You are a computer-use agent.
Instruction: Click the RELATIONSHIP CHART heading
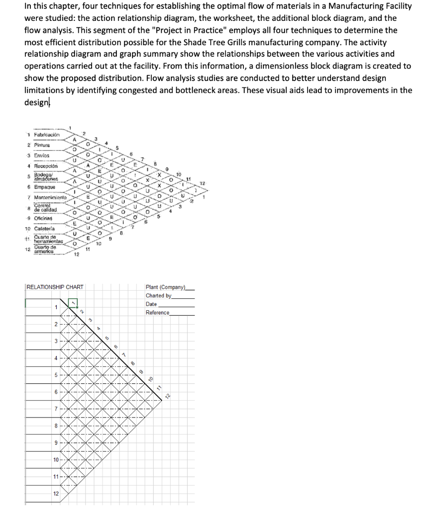point(55,287)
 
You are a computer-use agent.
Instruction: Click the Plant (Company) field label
point(165,287)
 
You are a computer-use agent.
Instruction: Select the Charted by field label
point(158,295)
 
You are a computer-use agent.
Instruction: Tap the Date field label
point(151,304)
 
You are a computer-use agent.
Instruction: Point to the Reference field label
point(157,312)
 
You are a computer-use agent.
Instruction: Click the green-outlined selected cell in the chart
point(73,303)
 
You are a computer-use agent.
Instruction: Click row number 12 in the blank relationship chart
point(56,493)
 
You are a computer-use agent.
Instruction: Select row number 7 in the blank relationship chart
point(56,409)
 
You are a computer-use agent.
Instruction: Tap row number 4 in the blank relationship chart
point(56,358)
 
